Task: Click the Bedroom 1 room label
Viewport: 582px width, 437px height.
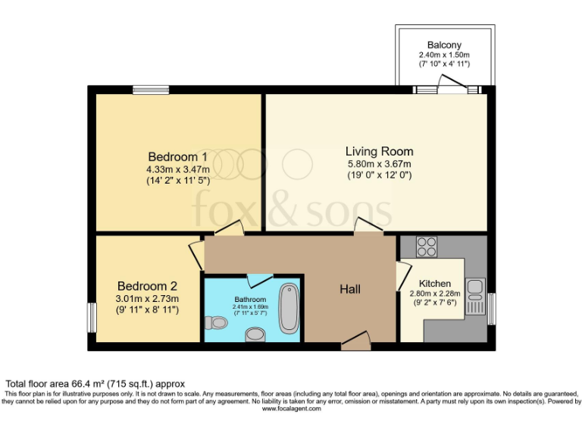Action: click(x=178, y=156)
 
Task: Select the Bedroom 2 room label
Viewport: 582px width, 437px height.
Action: click(x=146, y=286)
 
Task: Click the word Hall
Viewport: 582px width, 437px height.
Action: click(x=349, y=289)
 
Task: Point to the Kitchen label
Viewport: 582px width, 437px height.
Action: click(x=436, y=284)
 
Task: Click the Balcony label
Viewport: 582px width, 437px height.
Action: click(x=443, y=45)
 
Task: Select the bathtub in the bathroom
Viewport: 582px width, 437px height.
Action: click(x=289, y=309)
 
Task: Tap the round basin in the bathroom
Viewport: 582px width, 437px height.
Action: click(x=256, y=335)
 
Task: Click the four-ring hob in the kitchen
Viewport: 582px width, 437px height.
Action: click(x=427, y=247)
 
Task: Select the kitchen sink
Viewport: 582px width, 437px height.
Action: click(x=476, y=288)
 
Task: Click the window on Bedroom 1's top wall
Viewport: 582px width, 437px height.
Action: click(x=151, y=90)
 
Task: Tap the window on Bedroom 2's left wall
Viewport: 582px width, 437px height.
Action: click(x=92, y=317)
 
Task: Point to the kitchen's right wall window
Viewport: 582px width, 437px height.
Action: click(x=491, y=309)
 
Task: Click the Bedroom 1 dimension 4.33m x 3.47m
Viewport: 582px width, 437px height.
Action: click(x=178, y=169)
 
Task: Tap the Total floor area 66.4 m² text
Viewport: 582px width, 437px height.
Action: click(x=95, y=384)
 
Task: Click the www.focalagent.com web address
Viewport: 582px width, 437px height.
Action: click(x=292, y=408)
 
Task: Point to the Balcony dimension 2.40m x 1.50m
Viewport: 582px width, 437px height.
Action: click(x=443, y=55)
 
